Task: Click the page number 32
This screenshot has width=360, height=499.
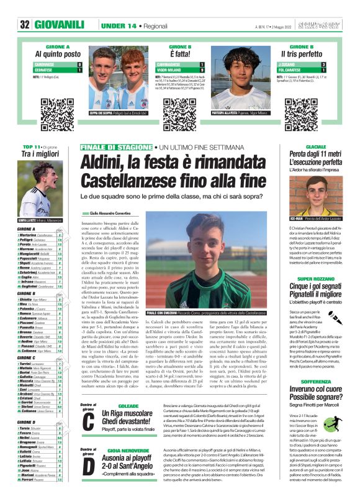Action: (x=25, y=24)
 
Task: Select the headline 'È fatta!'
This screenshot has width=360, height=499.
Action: (x=179, y=55)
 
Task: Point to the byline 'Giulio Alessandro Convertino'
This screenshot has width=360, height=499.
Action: (x=114, y=213)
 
